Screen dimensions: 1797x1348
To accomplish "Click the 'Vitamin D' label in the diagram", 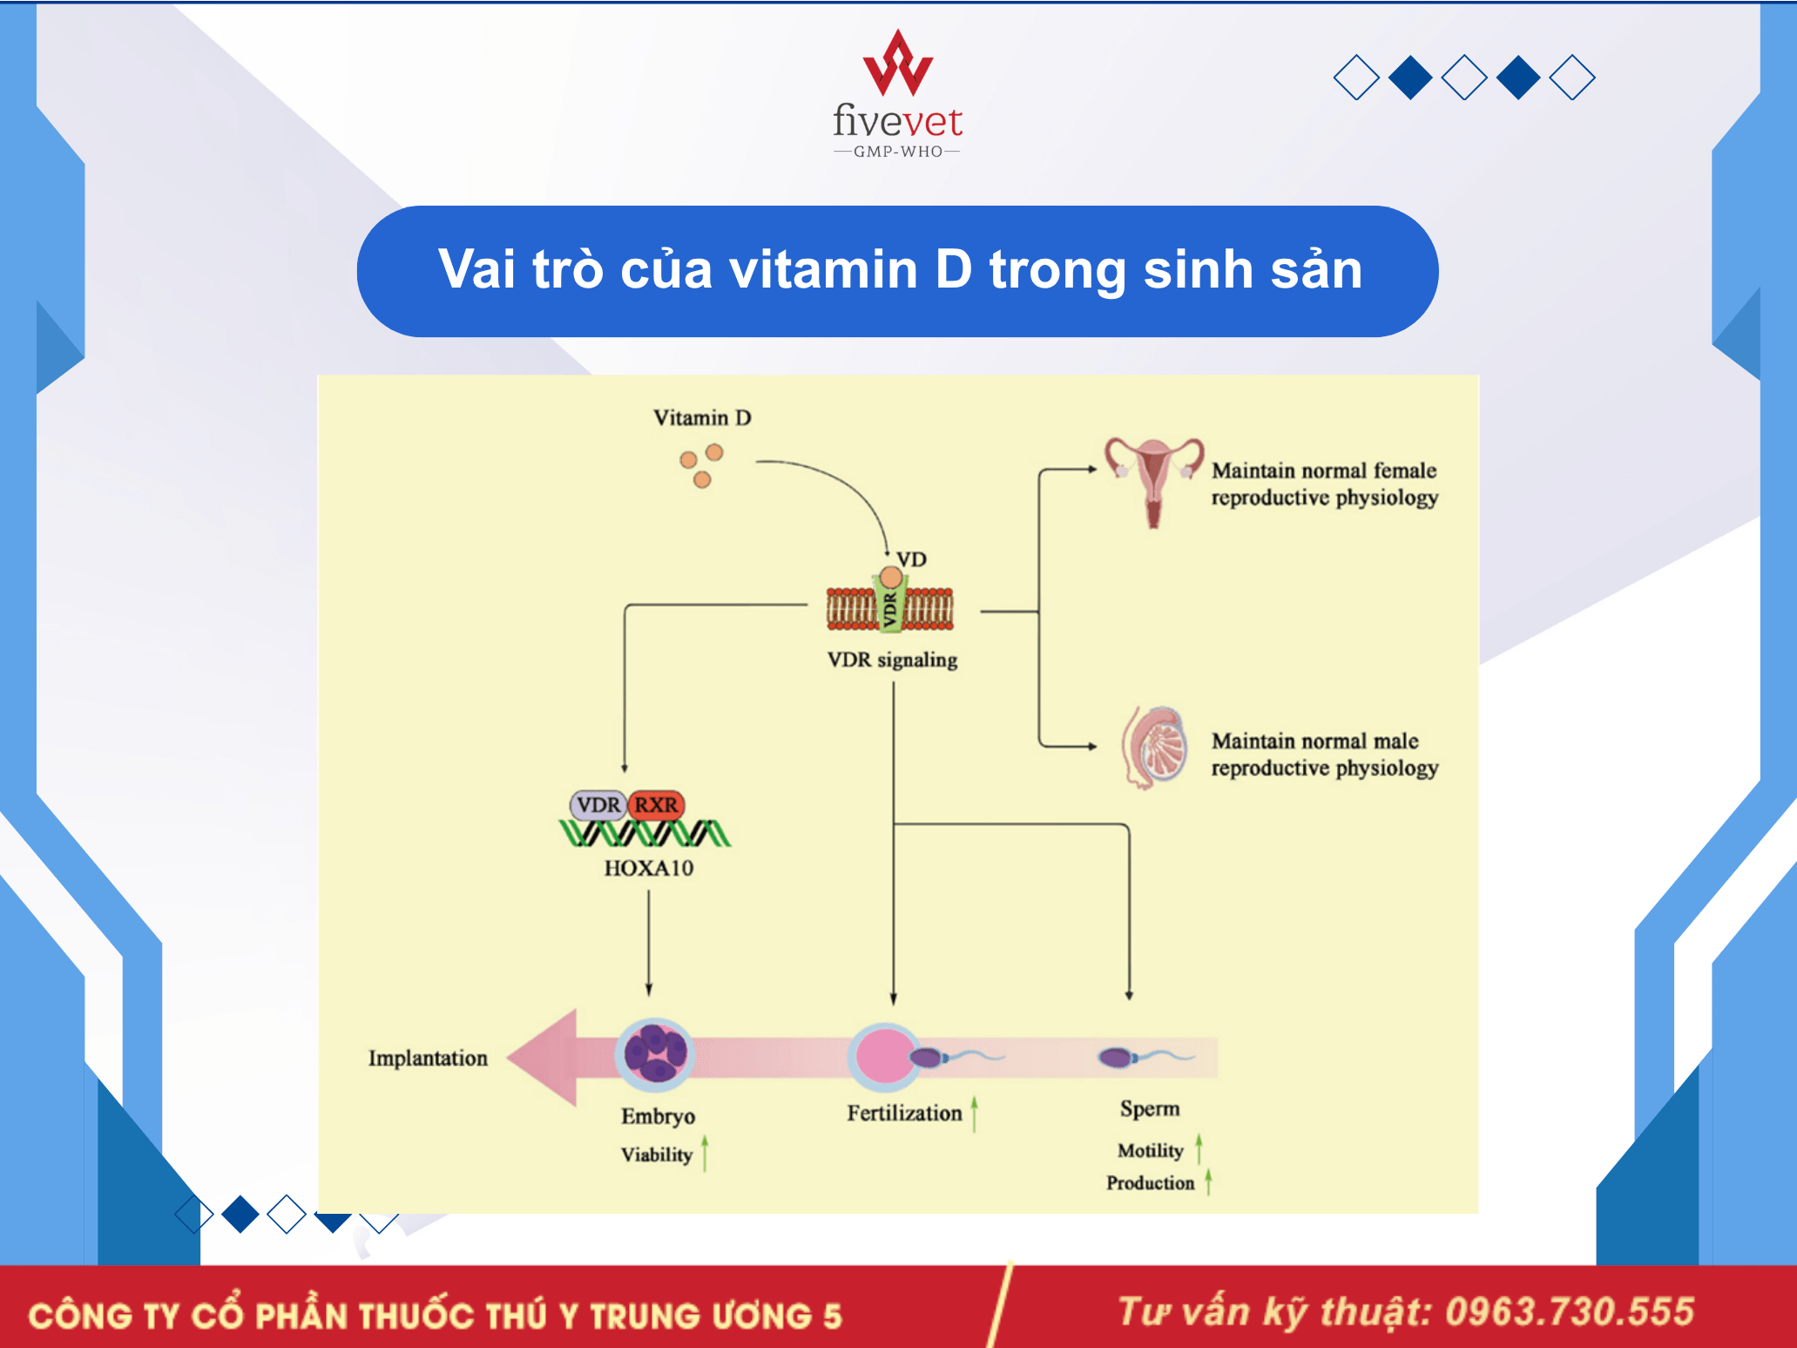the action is pyautogui.click(x=702, y=417).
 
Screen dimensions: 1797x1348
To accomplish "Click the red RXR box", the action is pyautogui.click(x=656, y=804).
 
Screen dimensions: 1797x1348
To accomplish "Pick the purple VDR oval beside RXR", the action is pyautogui.click(x=598, y=804).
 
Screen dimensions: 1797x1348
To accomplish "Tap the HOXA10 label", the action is pyautogui.click(x=649, y=868).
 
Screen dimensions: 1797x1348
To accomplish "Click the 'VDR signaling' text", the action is pyautogui.click(x=892, y=660).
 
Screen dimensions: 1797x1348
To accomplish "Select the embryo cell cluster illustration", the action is pyautogui.click(x=656, y=1053).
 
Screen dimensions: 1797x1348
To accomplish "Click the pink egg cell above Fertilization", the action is pyautogui.click(x=884, y=1057).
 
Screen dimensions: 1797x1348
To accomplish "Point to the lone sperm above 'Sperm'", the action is pyautogui.click(x=1145, y=1057).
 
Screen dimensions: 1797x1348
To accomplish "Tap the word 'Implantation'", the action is pyautogui.click(x=428, y=1058).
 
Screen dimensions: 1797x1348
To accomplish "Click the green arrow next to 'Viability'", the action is pyautogui.click(x=705, y=1153).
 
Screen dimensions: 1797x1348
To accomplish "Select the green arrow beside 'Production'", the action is pyautogui.click(x=1208, y=1182).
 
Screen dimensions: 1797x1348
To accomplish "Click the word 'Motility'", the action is pyautogui.click(x=1150, y=1151).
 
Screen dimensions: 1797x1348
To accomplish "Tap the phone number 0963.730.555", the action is pyautogui.click(x=1570, y=1311).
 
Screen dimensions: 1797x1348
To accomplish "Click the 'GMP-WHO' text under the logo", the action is pyautogui.click(x=897, y=152).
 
